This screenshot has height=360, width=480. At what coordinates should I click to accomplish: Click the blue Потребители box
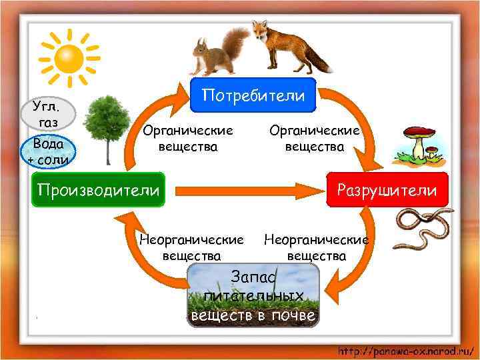tap(253, 95)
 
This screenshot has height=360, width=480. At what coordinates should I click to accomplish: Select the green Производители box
tap(99, 190)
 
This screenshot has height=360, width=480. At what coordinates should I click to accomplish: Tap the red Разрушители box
tap(387, 191)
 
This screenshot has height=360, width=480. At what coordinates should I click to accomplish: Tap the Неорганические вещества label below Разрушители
tap(316, 247)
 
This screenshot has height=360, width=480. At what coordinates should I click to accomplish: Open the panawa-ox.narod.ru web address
tap(405, 350)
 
